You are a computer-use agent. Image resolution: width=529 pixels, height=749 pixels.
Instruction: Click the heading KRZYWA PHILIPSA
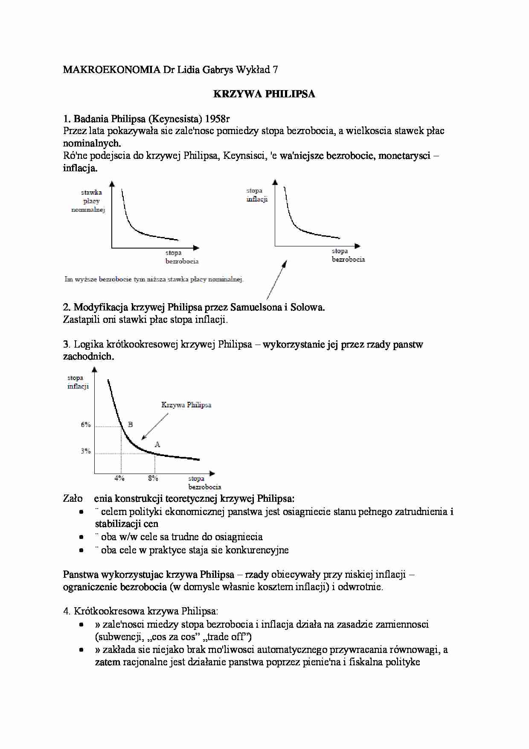pos(264,94)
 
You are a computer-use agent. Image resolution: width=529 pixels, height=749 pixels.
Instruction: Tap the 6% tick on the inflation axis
pos(86,424)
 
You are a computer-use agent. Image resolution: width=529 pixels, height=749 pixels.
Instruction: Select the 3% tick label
pos(86,451)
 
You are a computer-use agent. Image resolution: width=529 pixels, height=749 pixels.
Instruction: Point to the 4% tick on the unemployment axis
pos(119,478)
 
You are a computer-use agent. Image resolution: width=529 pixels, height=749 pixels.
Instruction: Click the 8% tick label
pos(153,478)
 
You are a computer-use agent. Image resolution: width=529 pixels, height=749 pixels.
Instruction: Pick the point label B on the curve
pos(131,424)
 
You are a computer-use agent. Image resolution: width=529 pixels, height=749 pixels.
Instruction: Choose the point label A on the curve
pos(157,445)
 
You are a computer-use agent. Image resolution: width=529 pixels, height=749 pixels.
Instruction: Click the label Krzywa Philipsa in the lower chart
pos(186,405)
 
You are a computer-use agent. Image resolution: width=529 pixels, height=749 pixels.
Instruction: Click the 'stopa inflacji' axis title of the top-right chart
pos(256,195)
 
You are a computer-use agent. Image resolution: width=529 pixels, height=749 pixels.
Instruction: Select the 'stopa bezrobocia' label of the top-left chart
pos(182,257)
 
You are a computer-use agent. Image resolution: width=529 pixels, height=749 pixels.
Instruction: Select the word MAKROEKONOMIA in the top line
pos(111,70)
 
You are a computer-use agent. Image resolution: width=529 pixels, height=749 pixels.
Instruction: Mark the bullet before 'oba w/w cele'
pos(81,537)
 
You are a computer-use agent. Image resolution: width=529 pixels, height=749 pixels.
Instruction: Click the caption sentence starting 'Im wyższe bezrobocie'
pos(154,279)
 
